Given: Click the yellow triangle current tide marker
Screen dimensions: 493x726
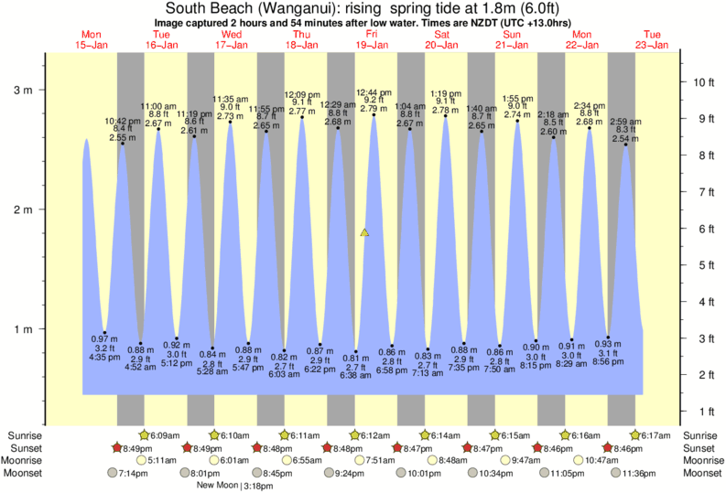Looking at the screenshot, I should [x=365, y=233].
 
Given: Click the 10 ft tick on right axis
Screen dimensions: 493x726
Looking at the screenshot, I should [x=703, y=82].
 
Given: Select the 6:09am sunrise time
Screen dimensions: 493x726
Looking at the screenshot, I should [x=165, y=435].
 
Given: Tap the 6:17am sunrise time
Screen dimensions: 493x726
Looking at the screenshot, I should [x=656, y=435].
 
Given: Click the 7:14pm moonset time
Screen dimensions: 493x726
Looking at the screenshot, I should [x=132, y=473].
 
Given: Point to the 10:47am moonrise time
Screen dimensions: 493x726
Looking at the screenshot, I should [x=622, y=460].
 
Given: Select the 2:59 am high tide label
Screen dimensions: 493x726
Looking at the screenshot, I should [x=625, y=122].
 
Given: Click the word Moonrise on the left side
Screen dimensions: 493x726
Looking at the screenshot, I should [x=26, y=460].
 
